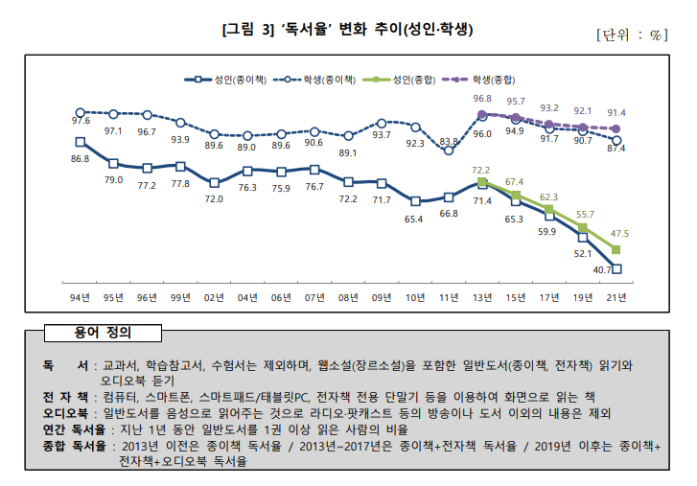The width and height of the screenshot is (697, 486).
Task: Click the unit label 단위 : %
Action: pos(631,35)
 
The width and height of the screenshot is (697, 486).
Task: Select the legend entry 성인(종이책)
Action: pos(230,81)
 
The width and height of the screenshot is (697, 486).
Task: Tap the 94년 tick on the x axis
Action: pos(81,296)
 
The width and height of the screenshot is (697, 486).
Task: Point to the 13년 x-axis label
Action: pos(482,296)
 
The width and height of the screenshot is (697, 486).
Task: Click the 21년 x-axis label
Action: pos(616,296)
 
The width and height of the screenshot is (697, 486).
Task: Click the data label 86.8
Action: pos(81,158)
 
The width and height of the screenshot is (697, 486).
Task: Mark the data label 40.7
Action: pos(603,270)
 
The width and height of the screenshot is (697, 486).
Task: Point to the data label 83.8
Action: pos(449,141)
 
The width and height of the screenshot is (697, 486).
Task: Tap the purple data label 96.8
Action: pos(482,99)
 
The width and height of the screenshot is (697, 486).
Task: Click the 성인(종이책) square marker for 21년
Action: pos(616,269)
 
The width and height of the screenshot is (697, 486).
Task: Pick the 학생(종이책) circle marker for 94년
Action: pos(81,112)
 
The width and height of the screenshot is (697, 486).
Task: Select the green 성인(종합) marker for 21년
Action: pos(616,250)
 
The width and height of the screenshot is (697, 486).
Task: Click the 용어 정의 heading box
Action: pos(103,334)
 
